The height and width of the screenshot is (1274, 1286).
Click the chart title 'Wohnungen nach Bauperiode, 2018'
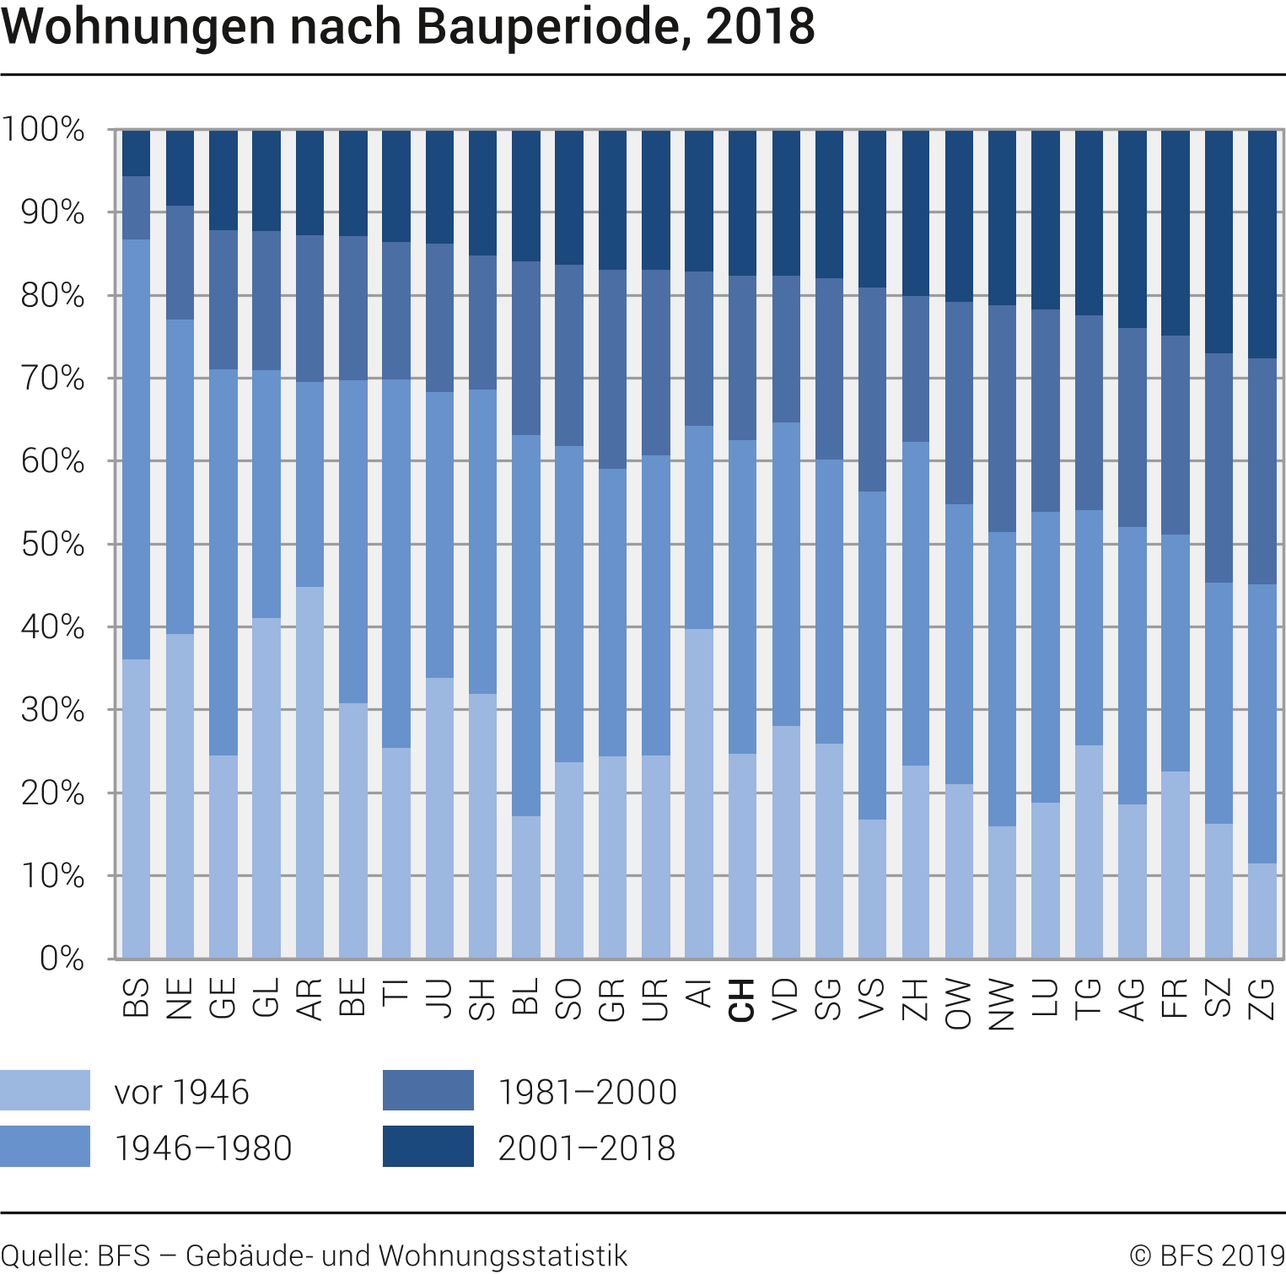point(408,27)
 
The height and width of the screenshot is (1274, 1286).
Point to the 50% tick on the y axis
point(52,545)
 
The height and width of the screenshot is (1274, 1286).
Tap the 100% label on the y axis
point(43,130)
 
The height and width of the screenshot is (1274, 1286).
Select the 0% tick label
point(62,959)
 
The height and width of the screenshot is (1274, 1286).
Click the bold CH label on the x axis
point(741,1000)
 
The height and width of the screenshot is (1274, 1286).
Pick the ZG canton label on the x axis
point(1262,1000)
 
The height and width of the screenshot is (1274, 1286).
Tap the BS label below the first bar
point(136,998)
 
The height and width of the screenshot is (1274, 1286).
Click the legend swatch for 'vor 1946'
point(45,1090)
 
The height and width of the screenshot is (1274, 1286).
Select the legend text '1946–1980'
point(203,1148)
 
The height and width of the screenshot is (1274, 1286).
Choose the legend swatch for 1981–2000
point(428,1090)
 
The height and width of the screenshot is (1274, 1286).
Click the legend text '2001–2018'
point(586,1148)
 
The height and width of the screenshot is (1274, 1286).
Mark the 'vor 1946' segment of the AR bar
point(309,771)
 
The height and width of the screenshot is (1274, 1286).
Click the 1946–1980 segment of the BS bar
point(136,449)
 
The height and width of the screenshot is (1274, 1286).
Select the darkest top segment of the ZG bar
point(1262,244)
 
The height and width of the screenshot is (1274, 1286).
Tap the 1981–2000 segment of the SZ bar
point(1219,468)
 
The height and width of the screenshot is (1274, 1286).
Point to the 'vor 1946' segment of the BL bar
point(526,887)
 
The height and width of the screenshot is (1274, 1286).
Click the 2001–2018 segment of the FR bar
point(1175,233)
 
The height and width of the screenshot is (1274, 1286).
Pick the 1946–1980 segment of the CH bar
point(742,596)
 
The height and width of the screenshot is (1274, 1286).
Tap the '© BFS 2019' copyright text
point(1207,1255)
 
